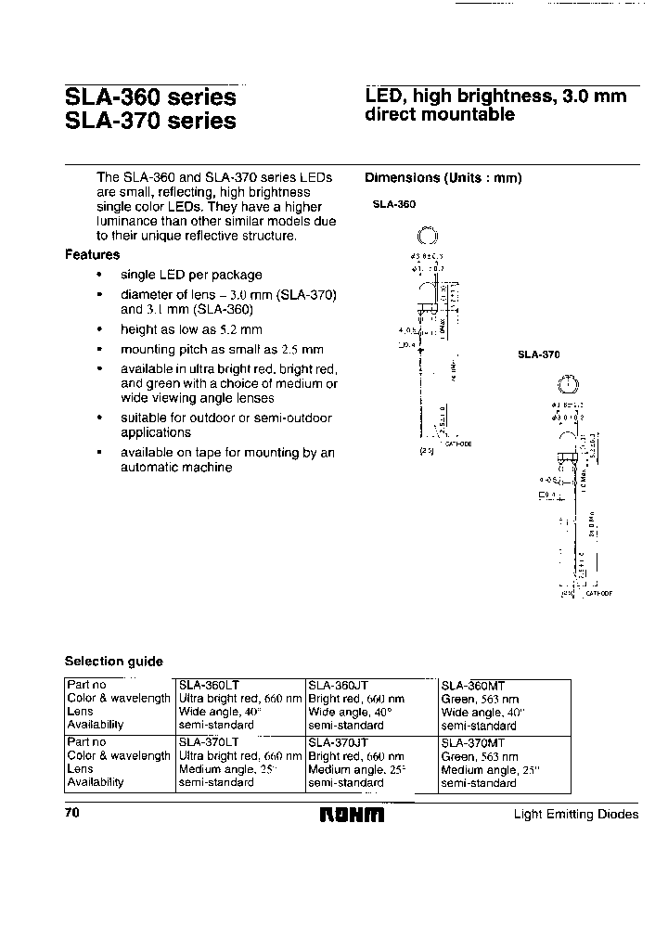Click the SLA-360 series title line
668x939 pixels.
click(x=150, y=96)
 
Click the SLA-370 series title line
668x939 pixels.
click(x=150, y=121)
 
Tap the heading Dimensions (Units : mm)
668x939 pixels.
click(x=443, y=178)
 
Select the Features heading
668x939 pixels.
click(x=92, y=254)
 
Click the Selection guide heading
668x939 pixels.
click(x=113, y=662)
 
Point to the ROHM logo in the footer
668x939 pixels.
click(x=352, y=815)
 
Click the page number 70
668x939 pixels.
click(x=72, y=814)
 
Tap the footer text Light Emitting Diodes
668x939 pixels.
click(x=575, y=815)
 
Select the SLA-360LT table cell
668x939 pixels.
click(x=209, y=685)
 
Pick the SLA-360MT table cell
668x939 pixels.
click(x=473, y=685)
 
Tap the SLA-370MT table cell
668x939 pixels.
click(x=473, y=742)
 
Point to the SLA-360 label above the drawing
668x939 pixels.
click(x=394, y=203)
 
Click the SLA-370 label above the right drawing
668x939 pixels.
click(x=539, y=354)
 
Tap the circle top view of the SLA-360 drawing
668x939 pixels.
click(x=427, y=238)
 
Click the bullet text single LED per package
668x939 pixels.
click(x=191, y=275)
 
